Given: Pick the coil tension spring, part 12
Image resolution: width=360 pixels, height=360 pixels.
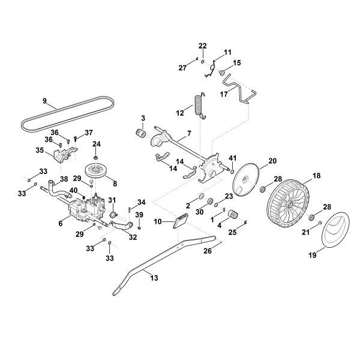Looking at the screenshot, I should click(x=197, y=107).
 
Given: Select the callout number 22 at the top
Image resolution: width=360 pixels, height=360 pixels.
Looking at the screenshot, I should click(x=203, y=46).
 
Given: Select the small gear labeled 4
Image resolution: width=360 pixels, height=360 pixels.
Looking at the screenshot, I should click(x=232, y=214).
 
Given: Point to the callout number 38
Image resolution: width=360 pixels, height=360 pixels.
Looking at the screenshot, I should click(x=63, y=179).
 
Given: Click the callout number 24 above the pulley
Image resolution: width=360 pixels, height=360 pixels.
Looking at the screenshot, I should click(x=97, y=144).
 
